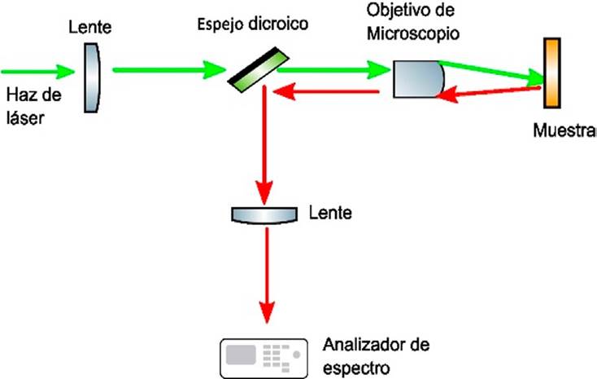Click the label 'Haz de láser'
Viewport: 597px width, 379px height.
pos(32,106)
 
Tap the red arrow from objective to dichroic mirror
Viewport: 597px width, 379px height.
pos(325,92)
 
